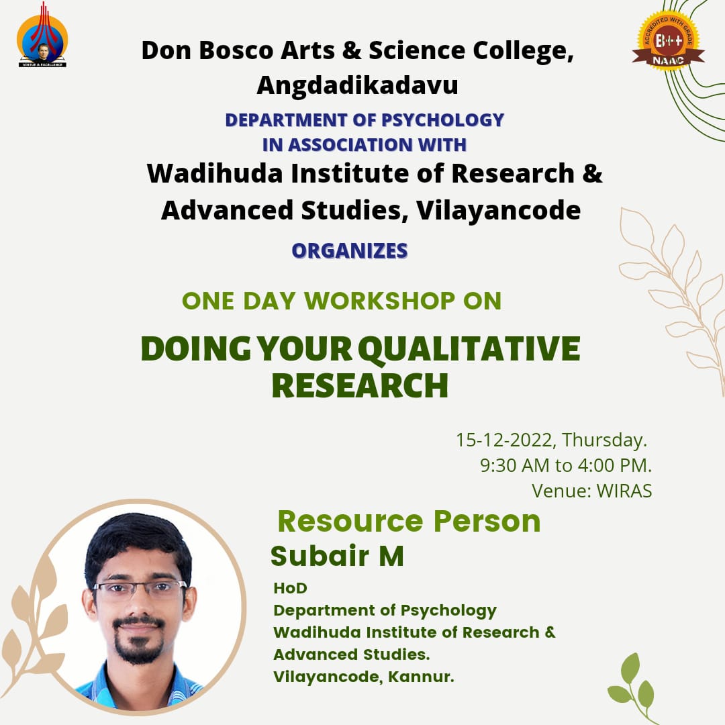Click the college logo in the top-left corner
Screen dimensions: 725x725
42,35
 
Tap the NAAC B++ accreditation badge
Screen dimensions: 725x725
668,42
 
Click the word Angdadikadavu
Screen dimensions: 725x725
357,85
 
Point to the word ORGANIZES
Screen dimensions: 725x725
350,250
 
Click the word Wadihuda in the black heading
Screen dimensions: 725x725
215,173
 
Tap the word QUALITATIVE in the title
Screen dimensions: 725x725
469,349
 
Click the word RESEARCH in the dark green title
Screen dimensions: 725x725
360,385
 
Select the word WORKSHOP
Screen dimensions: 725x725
379,301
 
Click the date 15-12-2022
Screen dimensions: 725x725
505,440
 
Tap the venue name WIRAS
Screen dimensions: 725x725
624,491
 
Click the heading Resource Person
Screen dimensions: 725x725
409,521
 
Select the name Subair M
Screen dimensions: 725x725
337,556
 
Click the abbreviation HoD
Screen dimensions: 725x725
291,588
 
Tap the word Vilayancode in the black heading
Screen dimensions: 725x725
498,210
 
